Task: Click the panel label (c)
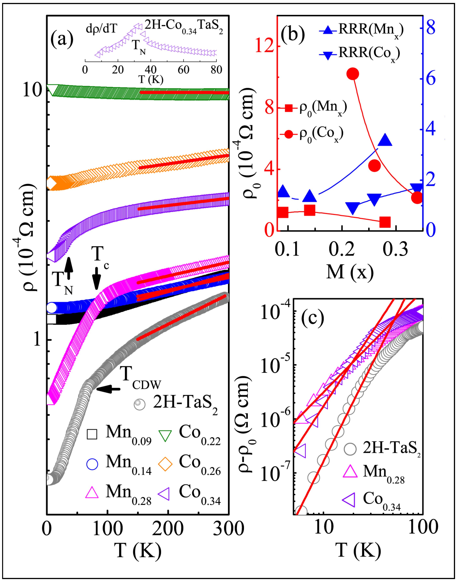313,318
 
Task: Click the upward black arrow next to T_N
69,268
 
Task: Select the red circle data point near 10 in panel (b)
353,74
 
